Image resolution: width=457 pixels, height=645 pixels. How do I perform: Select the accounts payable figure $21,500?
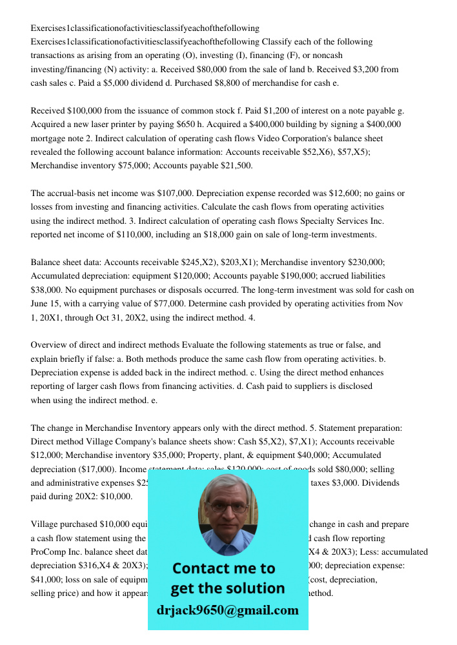coord(236,166)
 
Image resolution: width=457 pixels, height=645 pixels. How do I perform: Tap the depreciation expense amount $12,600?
coord(332,193)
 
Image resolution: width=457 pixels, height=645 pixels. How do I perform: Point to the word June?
coord(41,304)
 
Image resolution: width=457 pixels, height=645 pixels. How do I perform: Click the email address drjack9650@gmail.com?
coord(227,610)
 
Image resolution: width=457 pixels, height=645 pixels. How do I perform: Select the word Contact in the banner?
coord(200,568)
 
